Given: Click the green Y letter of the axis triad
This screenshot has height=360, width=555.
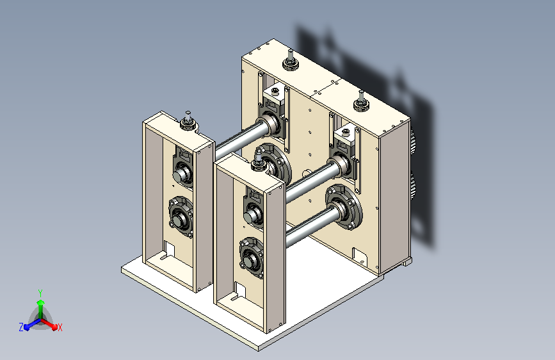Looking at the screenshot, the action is (40, 293).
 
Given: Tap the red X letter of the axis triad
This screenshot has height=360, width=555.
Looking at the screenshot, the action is (60, 327).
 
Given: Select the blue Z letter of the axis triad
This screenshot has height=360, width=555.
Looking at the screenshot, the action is (21, 327).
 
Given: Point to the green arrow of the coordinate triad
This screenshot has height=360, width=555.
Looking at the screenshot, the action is (41, 309).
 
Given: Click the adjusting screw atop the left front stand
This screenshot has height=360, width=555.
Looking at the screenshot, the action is (188, 120).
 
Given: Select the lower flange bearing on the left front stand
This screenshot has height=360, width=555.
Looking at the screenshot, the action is (181, 217).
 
